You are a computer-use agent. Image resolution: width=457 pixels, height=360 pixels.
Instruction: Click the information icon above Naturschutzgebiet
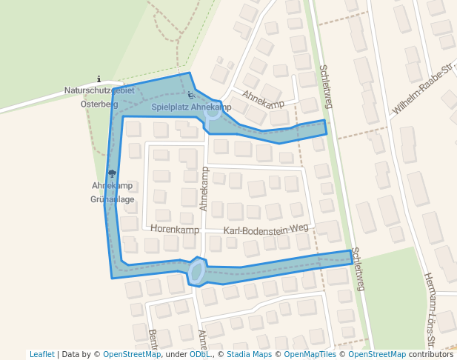(x=99, y=79)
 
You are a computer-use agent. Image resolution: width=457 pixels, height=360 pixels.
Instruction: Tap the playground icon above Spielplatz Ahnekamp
(x=190, y=95)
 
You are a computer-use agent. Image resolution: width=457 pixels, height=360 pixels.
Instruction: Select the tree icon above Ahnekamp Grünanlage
(x=112, y=174)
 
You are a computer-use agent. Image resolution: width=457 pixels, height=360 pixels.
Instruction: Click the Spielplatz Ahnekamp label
(x=191, y=107)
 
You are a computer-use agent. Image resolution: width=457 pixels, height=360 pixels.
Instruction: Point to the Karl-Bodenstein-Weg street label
(x=265, y=230)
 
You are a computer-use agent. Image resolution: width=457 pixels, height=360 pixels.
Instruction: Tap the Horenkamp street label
(x=175, y=230)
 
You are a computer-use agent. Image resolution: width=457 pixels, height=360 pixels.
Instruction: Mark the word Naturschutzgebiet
(x=99, y=90)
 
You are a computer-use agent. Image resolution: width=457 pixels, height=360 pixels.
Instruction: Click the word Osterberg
(x=99, y=104)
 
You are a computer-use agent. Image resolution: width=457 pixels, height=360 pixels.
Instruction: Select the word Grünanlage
(x=112, y=199)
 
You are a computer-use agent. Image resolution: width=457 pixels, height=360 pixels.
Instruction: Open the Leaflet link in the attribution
(x=41, y=354)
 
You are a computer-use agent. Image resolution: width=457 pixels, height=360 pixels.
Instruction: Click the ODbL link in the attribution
(x=199, y=354)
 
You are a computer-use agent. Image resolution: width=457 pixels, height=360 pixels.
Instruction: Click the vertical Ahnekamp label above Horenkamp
(x=204, y=189)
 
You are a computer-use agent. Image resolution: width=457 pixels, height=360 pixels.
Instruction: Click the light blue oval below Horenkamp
(x=196, y=271)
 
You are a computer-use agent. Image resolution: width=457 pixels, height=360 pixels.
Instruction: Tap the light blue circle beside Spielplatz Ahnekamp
(x=212, y=113)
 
